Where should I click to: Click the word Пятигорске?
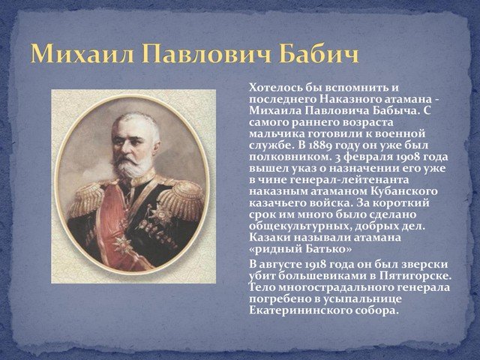[x=415, y=276]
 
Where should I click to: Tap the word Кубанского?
[x=404, y=192]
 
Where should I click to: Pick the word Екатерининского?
[x=300, y=311]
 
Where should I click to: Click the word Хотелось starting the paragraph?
[x=276, y=88]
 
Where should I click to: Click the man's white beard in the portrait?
[x=132, y=165]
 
